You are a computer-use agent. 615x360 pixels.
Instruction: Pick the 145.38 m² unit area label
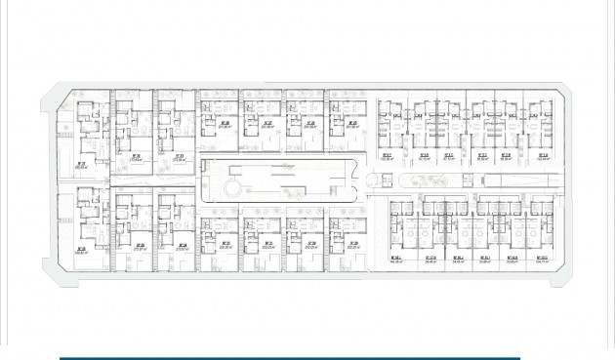point(396,261)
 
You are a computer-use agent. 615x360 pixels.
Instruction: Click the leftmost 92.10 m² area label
point(424,158)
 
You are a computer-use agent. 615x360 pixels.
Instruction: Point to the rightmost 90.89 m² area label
point(506,158)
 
